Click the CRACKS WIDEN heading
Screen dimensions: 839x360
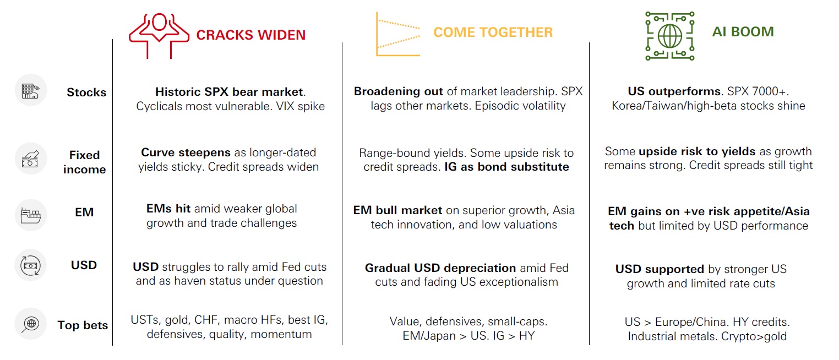point(250,35)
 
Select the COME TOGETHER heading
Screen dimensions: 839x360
point(493,32)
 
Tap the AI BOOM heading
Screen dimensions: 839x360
point(743,32)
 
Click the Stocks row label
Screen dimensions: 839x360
point(86,92)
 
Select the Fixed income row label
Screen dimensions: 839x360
point(85,162)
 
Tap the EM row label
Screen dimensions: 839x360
point(84,212)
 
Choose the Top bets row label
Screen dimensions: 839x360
point(83,325)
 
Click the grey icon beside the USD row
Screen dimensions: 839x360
point(31,265)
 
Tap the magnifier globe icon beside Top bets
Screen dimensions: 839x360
point(31,324)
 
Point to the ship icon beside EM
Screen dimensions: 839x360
point(31,215)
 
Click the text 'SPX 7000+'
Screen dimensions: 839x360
point(758,91)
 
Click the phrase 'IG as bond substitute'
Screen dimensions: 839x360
point(506,167)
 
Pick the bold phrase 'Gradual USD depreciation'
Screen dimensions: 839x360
point(440,268)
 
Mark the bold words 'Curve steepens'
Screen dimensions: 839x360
point(186,152)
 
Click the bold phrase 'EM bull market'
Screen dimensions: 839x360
point(397,210)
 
